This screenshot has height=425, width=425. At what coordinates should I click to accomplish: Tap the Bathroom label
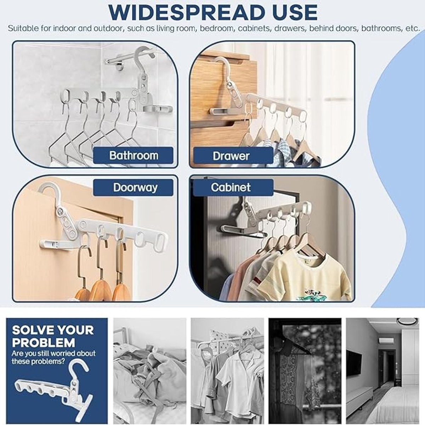(134, 155)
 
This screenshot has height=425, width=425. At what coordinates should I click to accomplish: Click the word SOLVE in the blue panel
(31, 330)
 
